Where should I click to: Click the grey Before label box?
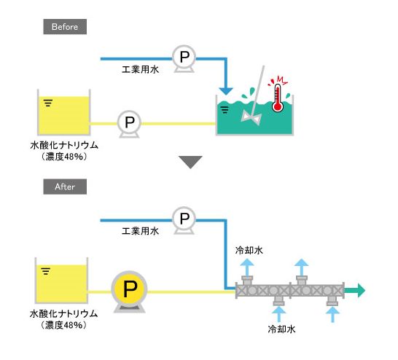(x=65, y=27)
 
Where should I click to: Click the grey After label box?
(x=65, y=187)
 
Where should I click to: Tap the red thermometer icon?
(x=278, y=98)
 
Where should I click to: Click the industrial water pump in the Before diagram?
(x=184, y=58)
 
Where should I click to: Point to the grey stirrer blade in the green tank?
(x=251, y=118)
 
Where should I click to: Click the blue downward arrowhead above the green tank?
(x=226, y=91)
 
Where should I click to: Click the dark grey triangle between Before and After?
(x=190, y=163)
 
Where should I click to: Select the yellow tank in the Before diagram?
(x=63, y=112)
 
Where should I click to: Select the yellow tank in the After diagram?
(x=61, y=281)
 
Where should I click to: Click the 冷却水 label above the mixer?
(x=249, y=251)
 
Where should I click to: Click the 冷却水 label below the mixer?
(x=282, y=329)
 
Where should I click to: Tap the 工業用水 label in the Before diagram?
(x=141, y=69)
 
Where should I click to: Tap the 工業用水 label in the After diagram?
(x=141, y=231)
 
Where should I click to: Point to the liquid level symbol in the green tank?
(x=225, y=109)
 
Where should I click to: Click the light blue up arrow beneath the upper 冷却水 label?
(x=247, y=267)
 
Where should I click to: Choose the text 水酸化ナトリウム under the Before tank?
(x=64, y=145)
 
